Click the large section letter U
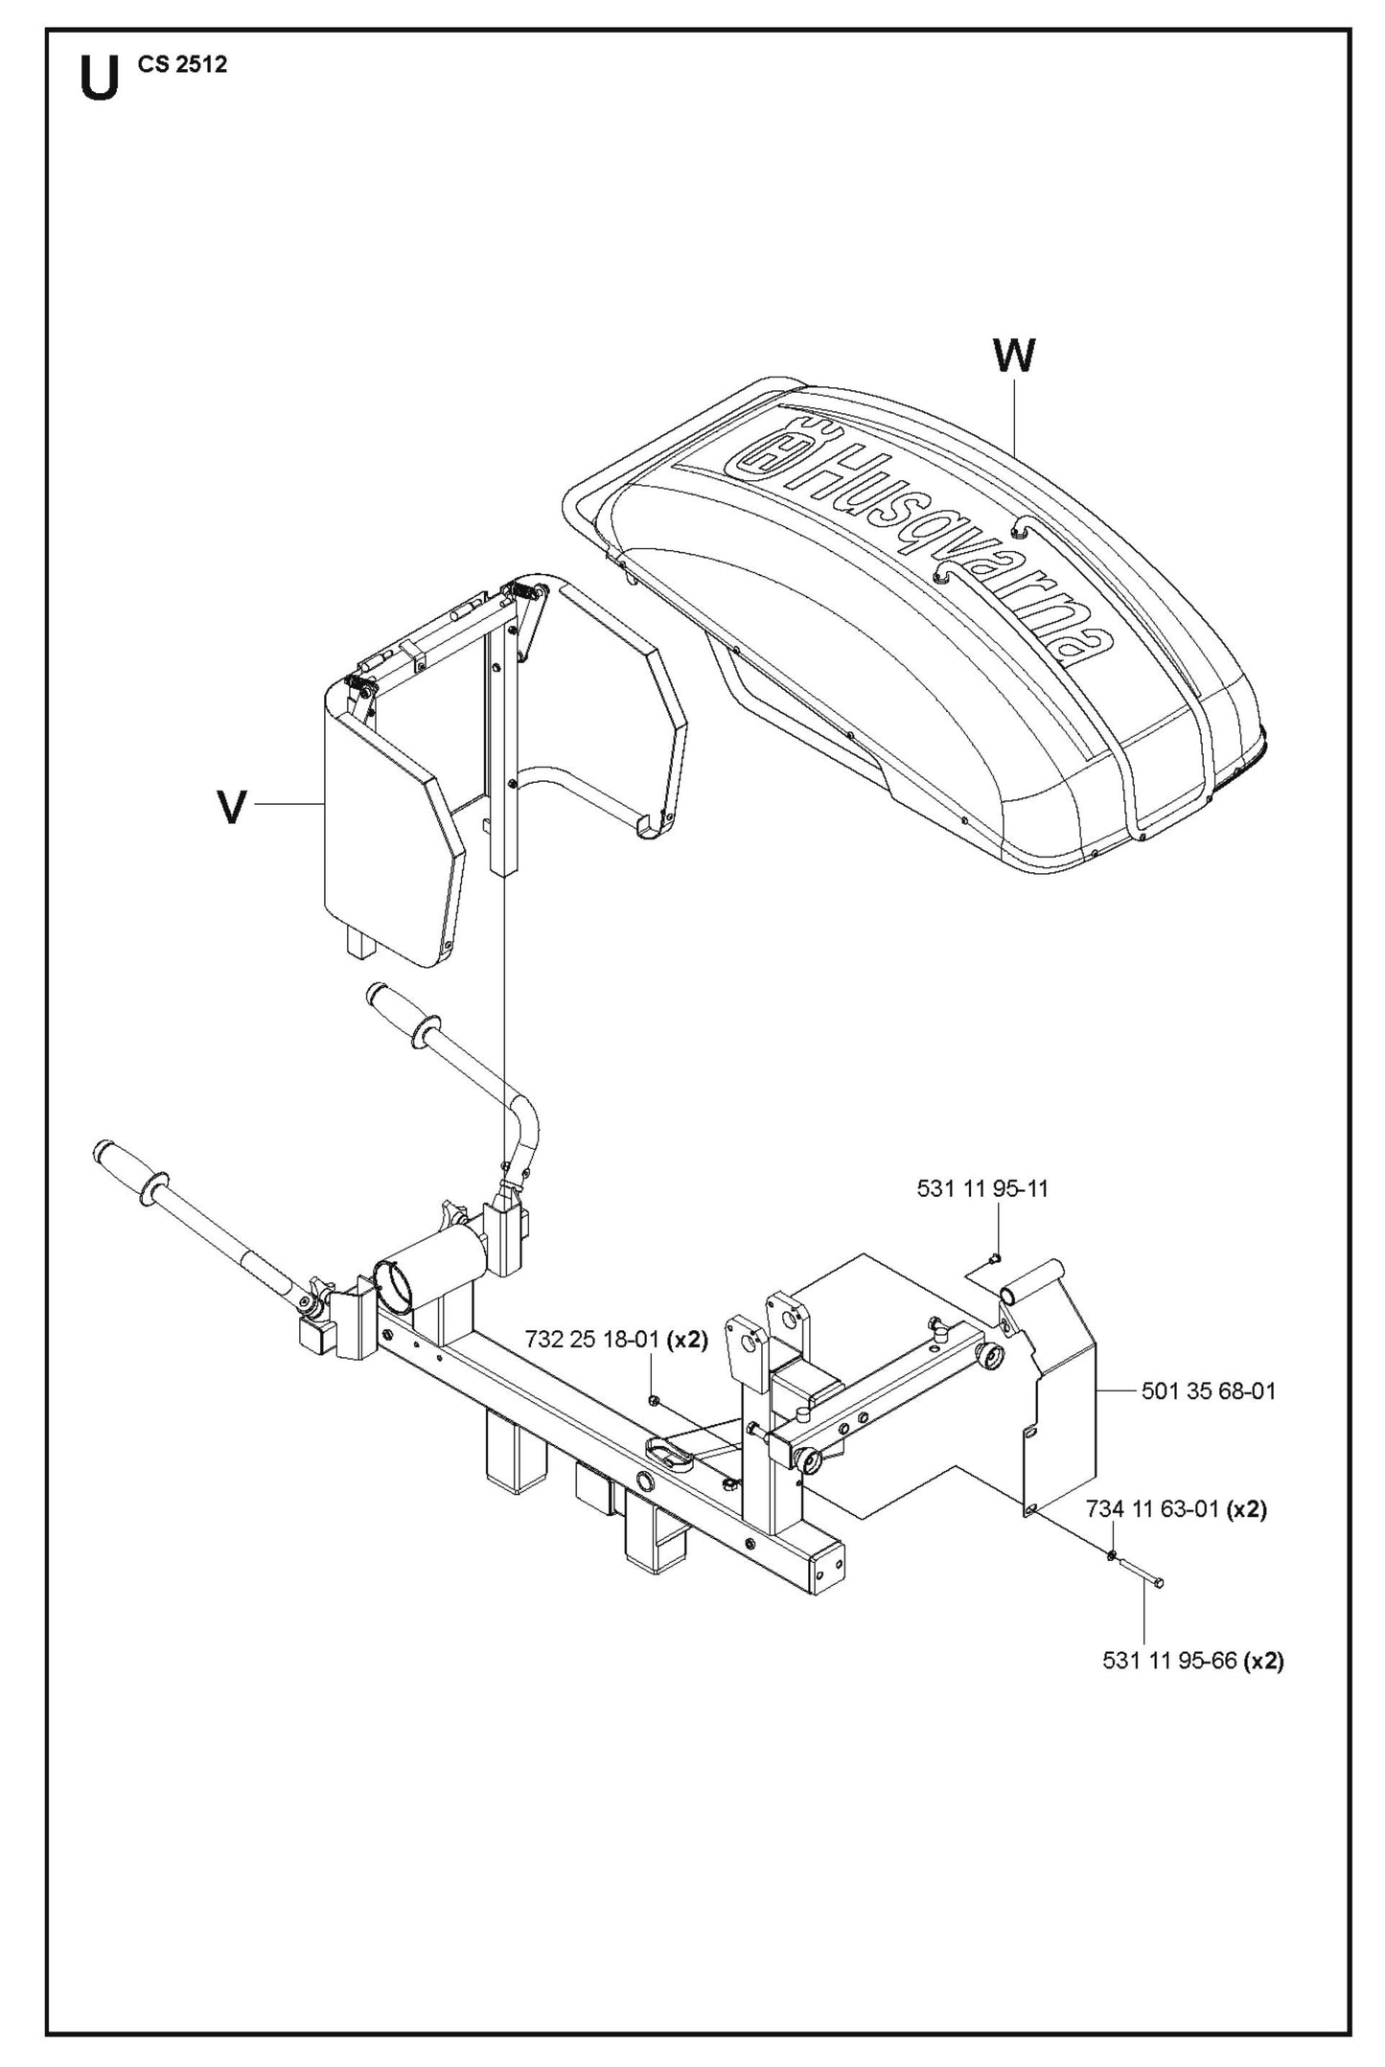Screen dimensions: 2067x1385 (100, 79)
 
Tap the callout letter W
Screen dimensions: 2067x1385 (1014, 356)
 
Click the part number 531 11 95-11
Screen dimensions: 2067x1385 (982, 1188)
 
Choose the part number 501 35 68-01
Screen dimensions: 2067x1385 (1209, 1390)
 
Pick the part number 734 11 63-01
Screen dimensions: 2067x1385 (1151, 1509)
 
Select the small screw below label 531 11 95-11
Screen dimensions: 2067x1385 (995, 1257)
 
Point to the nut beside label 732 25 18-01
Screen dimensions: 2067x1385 (653, 1401)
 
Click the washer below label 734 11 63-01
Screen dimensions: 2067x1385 (1111, 1553)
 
